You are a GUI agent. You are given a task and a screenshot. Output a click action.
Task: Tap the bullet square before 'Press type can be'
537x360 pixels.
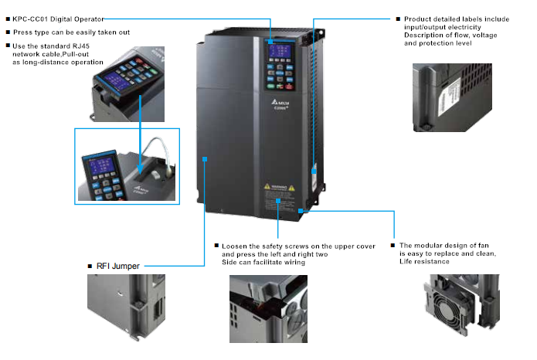[x=8, y=32]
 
